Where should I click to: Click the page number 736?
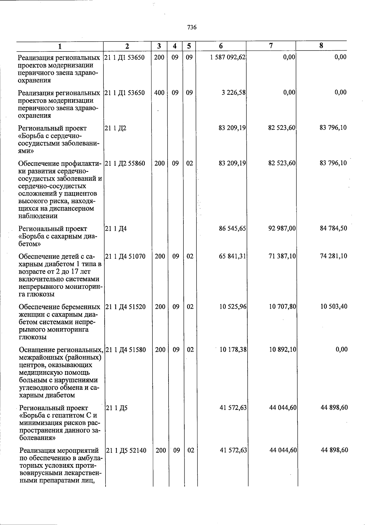(192, 27)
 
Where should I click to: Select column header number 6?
(221, 46)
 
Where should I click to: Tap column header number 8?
(321, 46)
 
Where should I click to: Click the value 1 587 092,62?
(228, 57)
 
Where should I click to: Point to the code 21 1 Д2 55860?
(125, 164)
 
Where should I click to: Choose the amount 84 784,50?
(333, 228)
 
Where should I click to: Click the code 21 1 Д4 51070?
(125, 257)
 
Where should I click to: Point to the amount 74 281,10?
(334, 256)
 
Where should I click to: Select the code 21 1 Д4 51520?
(125, 307)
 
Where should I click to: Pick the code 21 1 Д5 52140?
(126, 450)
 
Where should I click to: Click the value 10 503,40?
(334, 307)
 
